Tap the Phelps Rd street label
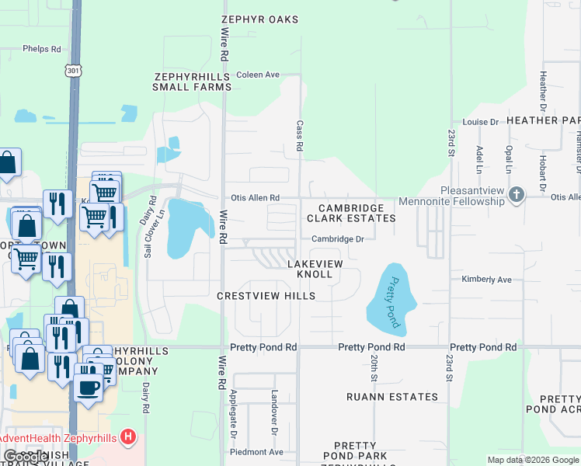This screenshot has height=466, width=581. pyautogui.click(x=42, y=49)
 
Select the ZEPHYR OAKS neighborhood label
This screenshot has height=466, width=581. pyautogui.click(x=259, y=19)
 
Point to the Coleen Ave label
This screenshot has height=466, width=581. pyautogui.click(x=258, y=75)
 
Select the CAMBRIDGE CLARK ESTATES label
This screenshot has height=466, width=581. pyautogui.click(x=351, y=214)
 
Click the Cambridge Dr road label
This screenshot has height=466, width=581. pyautogui.click(x=338, y=239)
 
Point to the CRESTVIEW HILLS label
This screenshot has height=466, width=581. pyautogui.click(x=266, y=296)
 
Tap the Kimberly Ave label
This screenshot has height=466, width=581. pyautogui.click(x=486, y=279)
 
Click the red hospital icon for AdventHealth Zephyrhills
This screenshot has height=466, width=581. pyautogui.click(x=130, y=438)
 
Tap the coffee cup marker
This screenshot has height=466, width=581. pyautogui.click(x=89, y=387)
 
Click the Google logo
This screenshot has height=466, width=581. pyautogui.click(x=26, y=457)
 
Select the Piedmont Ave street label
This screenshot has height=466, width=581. pyautogui.click(x=256, y=452)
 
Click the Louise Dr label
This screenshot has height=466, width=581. pyautogui.click(x=480, y=122)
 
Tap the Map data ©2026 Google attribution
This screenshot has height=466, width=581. pyautogui.click(x=532, y=460)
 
